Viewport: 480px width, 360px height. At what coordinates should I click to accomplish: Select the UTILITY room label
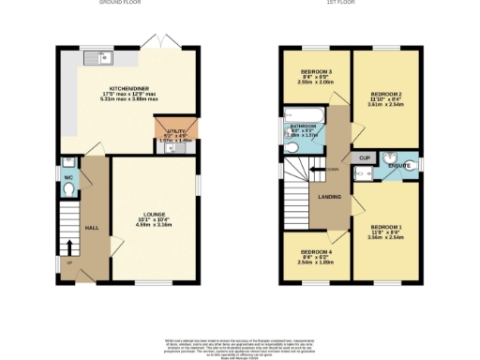[172, 130]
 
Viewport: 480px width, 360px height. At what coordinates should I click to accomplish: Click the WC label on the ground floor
[67, 175]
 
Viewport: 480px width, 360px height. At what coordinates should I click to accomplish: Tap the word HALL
[92, 228]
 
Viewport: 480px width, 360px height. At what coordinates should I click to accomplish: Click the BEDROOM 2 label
[385, 95]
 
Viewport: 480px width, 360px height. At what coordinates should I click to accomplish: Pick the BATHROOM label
[302, 125]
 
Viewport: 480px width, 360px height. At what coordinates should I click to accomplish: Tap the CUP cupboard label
[365, 157]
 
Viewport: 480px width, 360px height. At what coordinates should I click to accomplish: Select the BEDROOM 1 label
[385, 227]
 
